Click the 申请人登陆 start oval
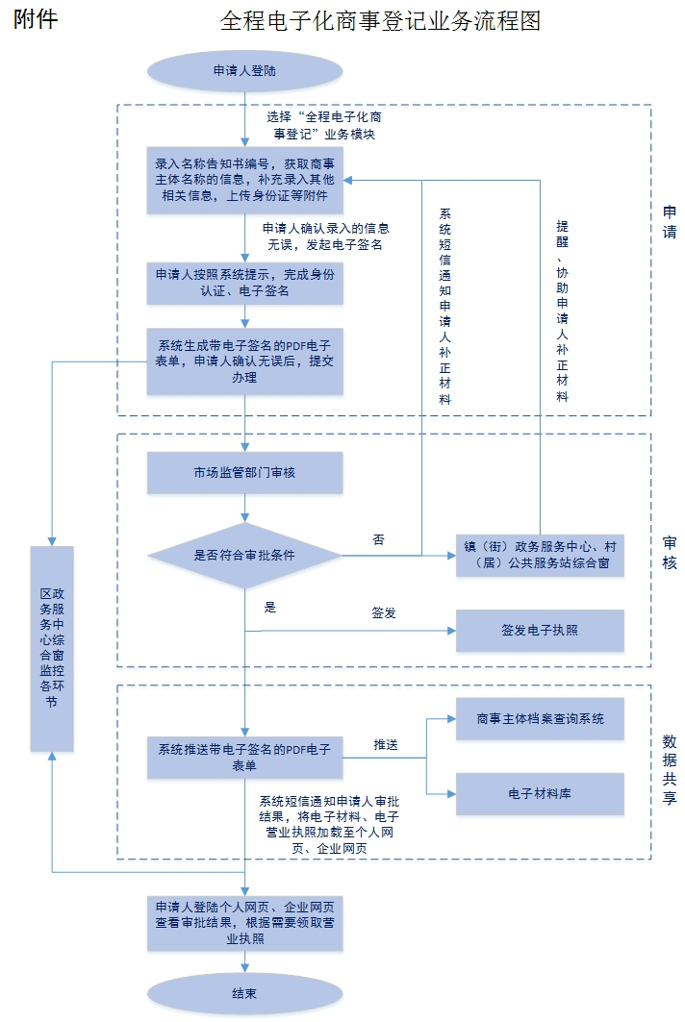244,70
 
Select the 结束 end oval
244,993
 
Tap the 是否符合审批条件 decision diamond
244,556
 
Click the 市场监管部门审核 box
244,473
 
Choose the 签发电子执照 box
540,631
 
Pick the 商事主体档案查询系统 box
540,718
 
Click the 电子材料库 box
540,794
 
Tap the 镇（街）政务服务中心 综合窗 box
540,555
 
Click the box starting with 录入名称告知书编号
244,180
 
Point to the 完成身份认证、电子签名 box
244,283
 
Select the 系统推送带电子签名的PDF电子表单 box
244,758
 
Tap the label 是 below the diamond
270,608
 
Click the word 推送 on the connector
386,745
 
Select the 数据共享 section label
670,769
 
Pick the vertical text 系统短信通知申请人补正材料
444,306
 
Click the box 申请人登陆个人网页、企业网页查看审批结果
244,923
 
